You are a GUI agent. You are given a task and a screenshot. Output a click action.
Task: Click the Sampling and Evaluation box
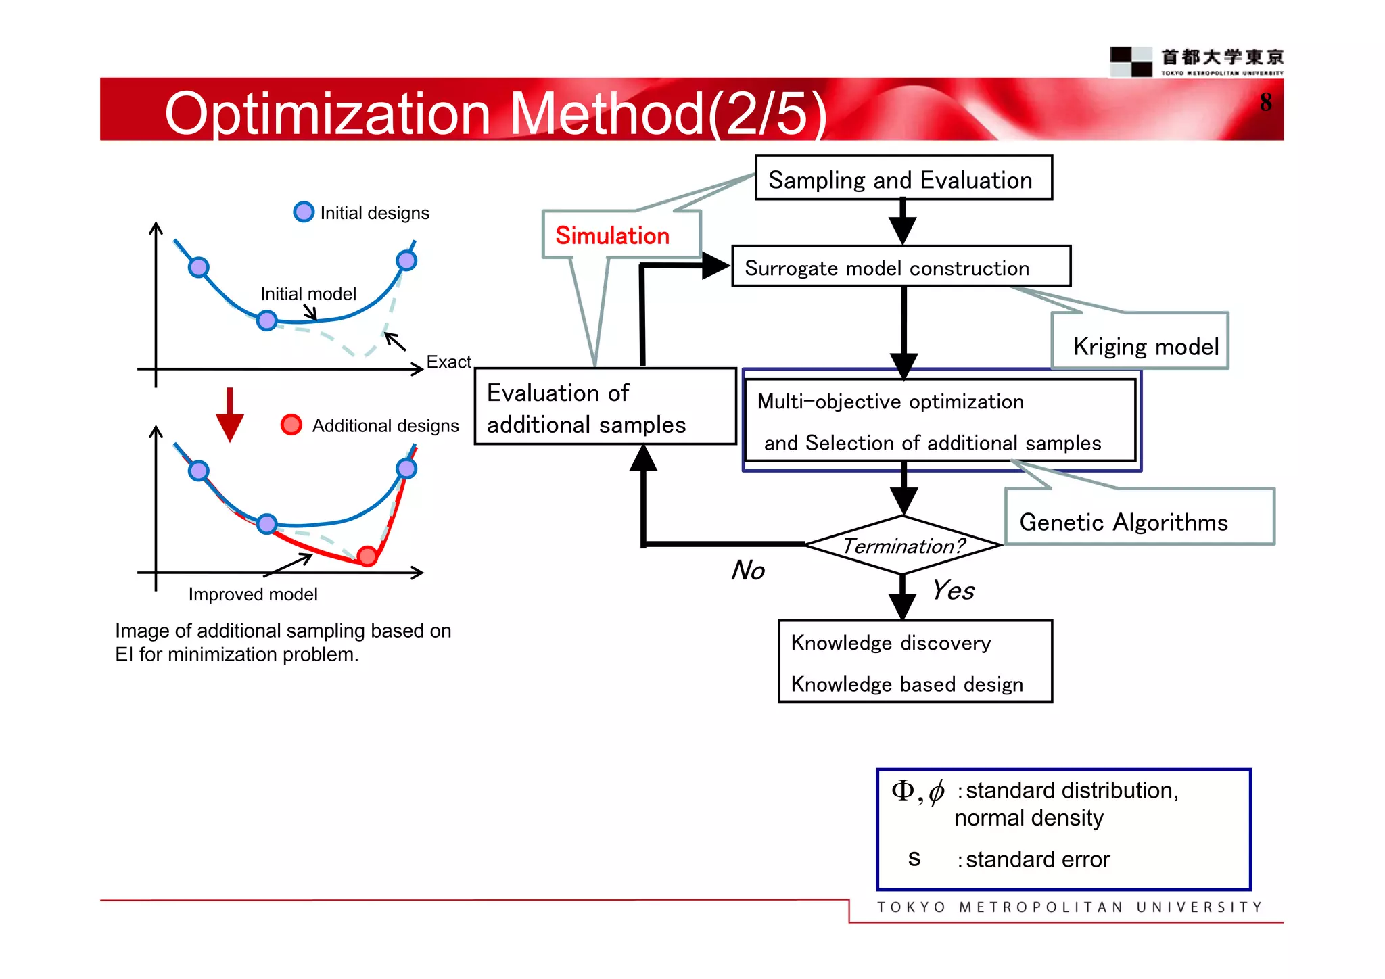[x=903, y=178]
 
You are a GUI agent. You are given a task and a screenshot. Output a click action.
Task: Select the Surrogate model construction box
[x=901, y=267]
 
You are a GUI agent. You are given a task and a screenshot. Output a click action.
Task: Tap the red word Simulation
[x=612, y=235]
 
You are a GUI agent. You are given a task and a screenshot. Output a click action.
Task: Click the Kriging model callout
[x=1145, y=345]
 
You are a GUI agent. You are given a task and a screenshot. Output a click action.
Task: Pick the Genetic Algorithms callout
[x=1124, y=521]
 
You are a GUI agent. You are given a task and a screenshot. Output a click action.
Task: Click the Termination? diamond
[x=903, y=545]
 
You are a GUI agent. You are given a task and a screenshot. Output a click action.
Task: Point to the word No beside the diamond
[x=748, y=570]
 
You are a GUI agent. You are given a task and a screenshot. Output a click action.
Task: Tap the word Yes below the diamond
[x=953, y=590]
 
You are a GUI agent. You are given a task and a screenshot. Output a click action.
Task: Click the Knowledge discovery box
[x=914, y=662]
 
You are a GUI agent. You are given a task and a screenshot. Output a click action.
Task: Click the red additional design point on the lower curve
[x=367, y=556]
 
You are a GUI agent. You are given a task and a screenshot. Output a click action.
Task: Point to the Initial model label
[x=308, y=293]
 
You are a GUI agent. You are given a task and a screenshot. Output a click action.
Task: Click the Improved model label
[x=252, y=594]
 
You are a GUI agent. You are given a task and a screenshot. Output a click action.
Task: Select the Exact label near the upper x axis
[x=448, y=362]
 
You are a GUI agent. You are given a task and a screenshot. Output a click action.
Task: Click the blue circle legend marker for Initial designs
[x=304, y=212]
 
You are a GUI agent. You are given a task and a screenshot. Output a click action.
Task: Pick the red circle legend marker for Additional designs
[x=291, y=425]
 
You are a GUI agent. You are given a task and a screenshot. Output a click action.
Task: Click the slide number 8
[x=1265, y=102]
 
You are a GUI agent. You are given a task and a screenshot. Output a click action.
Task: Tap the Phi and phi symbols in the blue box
[x=918, y=790]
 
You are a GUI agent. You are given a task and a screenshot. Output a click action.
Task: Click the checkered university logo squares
[x=1131, y=62]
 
